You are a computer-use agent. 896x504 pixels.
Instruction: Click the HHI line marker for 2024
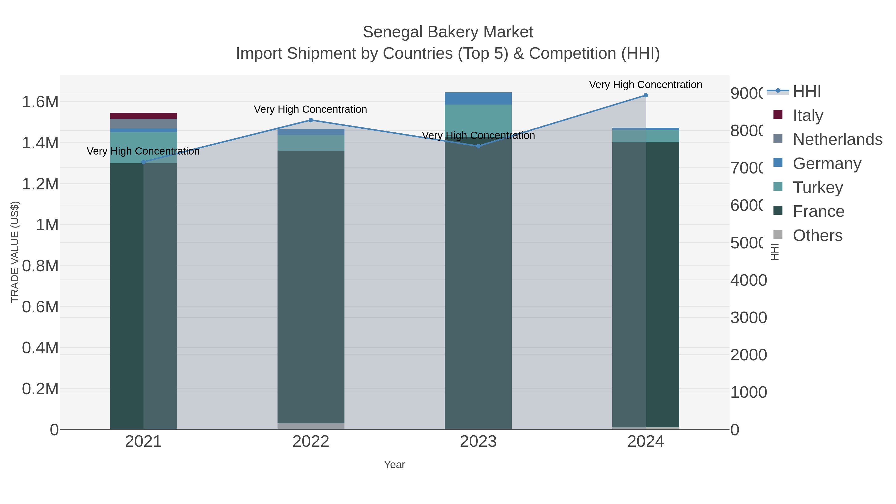click(646, 95)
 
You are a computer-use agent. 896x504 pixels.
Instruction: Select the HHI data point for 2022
click(311, 120)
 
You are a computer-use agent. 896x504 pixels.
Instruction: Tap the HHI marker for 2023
click(478, 146)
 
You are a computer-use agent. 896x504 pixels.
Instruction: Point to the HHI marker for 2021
click(143, 162)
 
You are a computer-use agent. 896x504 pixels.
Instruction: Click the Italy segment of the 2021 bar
click(143, 116)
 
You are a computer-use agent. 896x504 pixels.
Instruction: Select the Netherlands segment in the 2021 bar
click(143, 124)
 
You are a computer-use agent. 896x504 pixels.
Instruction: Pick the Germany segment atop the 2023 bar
click(478, 98)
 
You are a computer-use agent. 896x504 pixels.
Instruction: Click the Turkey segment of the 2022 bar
click(311, 143)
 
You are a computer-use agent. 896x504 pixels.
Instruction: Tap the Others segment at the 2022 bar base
click(311, 426)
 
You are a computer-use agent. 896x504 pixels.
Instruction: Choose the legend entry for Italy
click(808, 115)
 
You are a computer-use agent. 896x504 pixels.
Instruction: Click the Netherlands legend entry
click(837, 139)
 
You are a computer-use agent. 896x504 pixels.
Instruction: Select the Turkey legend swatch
click(778, 187)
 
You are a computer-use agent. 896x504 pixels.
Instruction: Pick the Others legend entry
click(817, 235)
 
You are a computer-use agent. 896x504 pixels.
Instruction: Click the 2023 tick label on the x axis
click(478, 442)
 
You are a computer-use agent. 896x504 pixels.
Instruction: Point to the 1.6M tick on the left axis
click(40, 102)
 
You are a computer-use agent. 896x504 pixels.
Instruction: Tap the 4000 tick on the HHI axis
click(748, 280)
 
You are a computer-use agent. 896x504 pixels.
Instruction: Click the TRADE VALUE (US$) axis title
click(15, 252)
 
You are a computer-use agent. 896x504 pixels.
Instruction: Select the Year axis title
click(394, 465)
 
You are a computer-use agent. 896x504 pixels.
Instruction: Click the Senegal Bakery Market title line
click(448, 32)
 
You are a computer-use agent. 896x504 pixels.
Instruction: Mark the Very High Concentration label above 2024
click(646, 85)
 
